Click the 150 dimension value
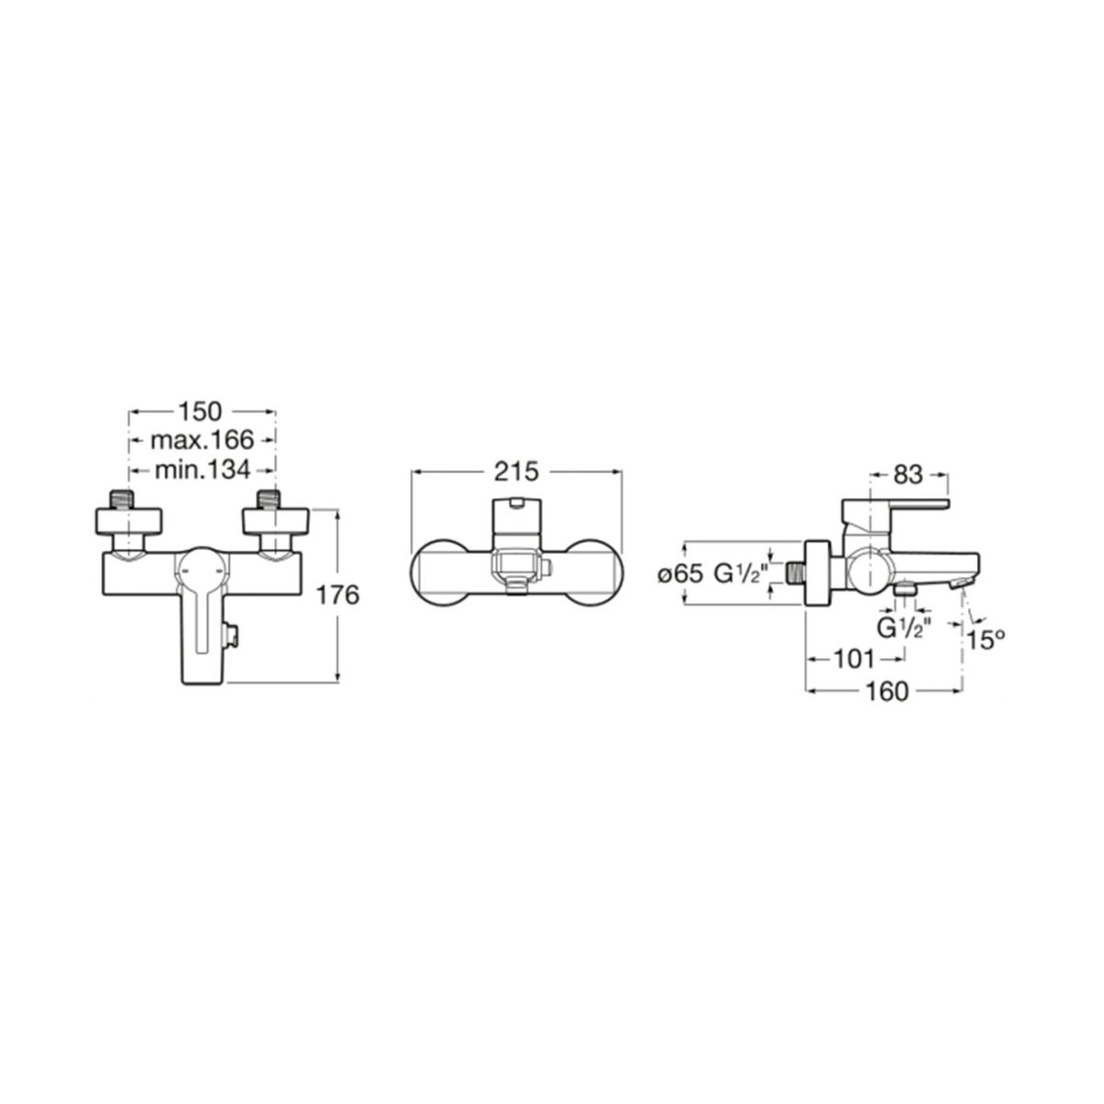[x=201, y=411]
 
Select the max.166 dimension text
[x=201, y=440]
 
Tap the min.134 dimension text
[x=202, y=470]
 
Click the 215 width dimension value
[x=517, y=472]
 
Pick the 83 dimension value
[x=909, y=475]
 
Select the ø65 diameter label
[x=680, y=574]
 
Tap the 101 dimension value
[x=854, y=660]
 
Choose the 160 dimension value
[x=886, y=692]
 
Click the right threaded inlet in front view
[x=268, y=499]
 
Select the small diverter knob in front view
[x=232, y=636]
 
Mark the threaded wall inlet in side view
[x=796, y=573]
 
